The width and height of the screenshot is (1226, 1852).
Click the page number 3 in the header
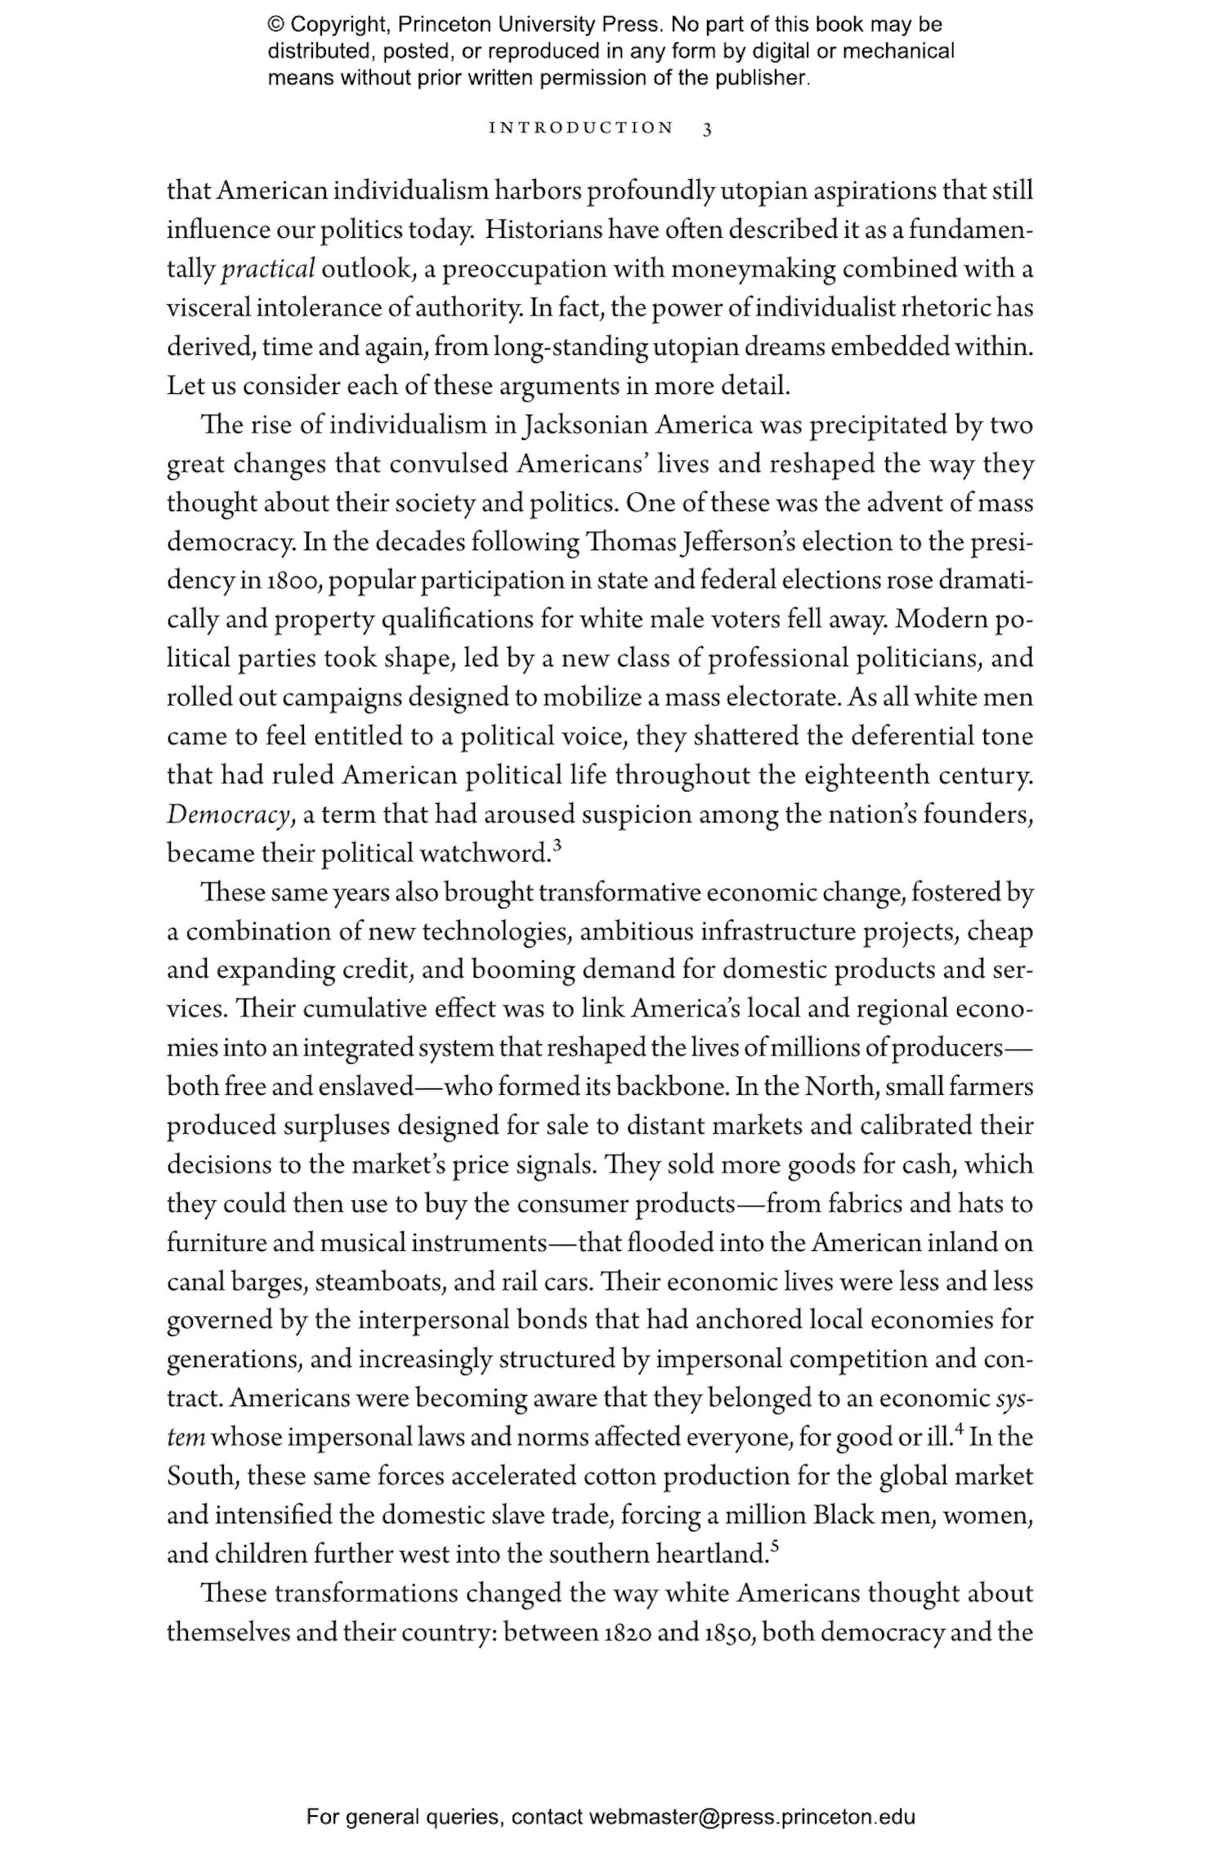click(707, 128)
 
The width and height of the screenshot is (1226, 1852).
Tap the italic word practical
click(268, 269)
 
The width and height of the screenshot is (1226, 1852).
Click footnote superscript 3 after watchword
click(557, 846)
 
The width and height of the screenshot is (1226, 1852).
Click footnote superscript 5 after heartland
click(774, 1547)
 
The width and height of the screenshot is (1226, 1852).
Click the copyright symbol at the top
click(275, 25)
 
